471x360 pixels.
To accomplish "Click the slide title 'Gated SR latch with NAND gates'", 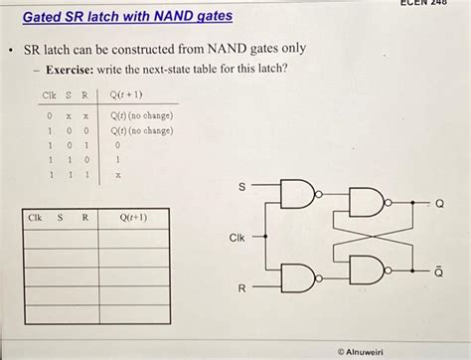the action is pos(120,16).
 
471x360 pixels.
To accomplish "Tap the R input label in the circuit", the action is pos(239,289).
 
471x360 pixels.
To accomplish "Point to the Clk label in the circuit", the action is pos(236,238).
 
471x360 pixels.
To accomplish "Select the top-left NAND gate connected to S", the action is pos(299,196).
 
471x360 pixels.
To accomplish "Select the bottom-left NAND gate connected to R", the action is pos(299,277).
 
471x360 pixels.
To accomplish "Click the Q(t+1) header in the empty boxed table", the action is pos(132,216).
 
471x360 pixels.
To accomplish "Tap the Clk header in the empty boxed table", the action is pos(36,216).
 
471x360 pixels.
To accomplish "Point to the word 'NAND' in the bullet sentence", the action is pos(231,48).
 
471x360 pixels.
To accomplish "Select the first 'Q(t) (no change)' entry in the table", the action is pos(142,116).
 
